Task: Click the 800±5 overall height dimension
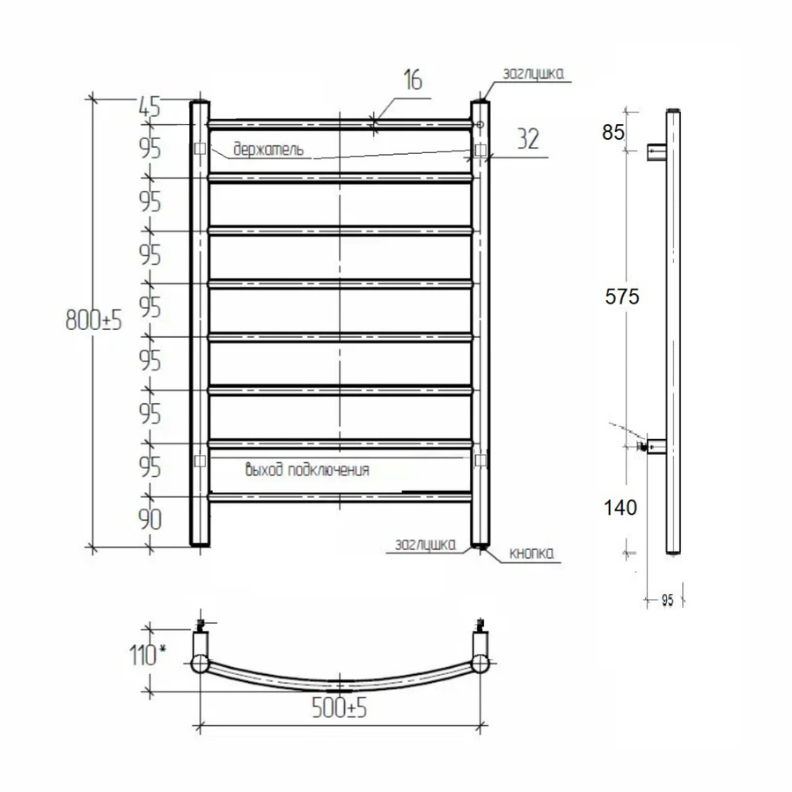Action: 94,319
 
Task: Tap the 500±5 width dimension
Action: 339,708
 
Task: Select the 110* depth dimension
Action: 148,656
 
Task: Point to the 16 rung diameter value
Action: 413,80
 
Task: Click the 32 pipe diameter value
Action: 528,139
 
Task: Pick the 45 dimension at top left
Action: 149,107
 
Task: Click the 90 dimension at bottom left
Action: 150,520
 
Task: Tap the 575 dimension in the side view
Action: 622,297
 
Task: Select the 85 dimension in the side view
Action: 613,132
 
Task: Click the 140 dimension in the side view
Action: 620,508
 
